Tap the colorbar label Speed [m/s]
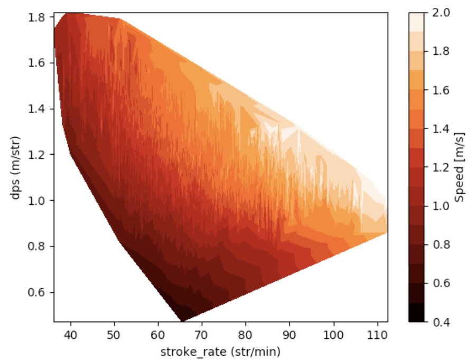point(460,167)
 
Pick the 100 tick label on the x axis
point(333,334)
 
